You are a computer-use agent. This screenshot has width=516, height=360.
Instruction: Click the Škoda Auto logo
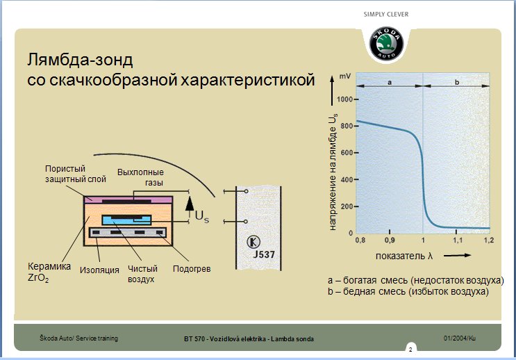pos(386,44)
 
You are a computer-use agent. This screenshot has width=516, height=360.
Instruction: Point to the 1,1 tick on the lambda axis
pos(458,240)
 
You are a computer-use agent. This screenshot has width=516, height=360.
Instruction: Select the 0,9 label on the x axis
pos(390,240)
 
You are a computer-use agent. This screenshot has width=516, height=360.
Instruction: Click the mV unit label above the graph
pos(345,76)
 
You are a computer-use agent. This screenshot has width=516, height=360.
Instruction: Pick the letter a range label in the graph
pos(390,82)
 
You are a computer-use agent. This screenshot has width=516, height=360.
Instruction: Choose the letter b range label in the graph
pos(457,82)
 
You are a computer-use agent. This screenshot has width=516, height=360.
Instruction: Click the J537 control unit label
pos(264,254)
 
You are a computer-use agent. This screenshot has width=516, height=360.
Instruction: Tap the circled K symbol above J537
pos(253,242)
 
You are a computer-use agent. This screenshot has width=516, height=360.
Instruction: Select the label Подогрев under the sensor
pos(192,269)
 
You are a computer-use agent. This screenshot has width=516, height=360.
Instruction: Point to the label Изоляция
pos(99,270)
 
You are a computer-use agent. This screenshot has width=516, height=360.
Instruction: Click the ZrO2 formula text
pos(38,278)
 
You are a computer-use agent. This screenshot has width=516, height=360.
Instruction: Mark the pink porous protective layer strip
pos(92,199)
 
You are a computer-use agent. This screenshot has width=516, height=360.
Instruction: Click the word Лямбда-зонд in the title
pos(80,60)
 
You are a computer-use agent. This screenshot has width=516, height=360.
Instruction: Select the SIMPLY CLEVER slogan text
pos(386,15)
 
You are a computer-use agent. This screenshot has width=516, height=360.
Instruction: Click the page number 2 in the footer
pos(410,350)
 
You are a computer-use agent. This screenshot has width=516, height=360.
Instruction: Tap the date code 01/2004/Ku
pos(459,338)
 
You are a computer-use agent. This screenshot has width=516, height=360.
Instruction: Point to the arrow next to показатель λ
pos(457,255)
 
